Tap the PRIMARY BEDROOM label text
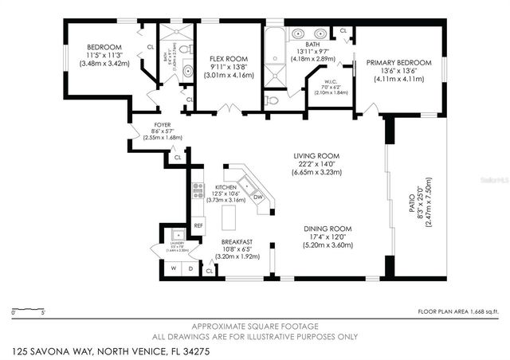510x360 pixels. coord(398,62)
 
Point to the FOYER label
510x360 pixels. coord(163,125)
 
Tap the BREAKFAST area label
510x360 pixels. coord(237,241)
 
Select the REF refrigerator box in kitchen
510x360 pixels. coord(198,225)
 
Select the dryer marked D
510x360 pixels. coord(190,268)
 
